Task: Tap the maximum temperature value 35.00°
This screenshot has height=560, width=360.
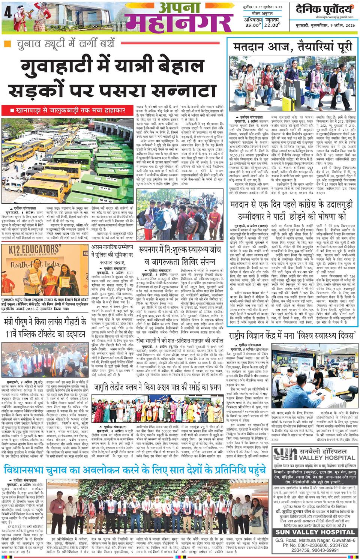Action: pos(253,26)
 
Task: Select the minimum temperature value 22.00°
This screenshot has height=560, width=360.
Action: pos(272,26)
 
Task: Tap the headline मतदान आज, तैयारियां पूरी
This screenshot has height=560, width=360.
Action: pos(293,47)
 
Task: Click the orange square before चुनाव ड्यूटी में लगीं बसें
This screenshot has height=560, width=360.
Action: pos(7,44)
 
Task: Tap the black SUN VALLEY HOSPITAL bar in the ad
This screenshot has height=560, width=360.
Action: pos(315,532)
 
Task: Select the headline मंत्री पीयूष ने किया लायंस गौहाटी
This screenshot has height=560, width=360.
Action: pos(45,328)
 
